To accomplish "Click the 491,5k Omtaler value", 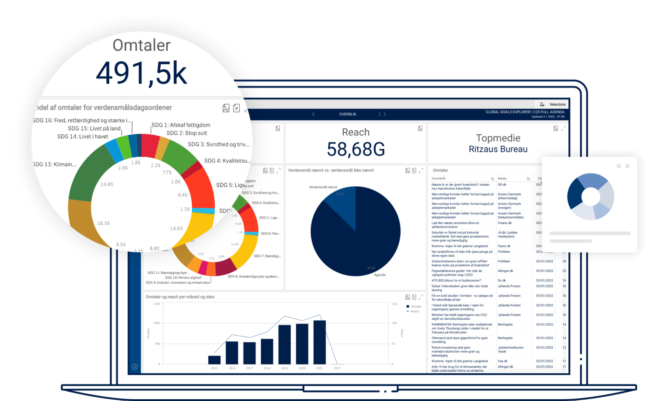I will (141, 73).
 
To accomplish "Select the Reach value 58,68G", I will (356, 149).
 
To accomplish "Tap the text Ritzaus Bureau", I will (498, 149).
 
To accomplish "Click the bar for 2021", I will (319, 342).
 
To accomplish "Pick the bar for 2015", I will (214, 360).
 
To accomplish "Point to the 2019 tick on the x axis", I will (284, 368).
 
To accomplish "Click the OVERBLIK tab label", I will (348, 114).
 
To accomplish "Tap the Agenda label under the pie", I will (380, 275).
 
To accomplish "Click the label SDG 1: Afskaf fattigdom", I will (181, 125).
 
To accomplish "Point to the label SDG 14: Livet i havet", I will (82, 136).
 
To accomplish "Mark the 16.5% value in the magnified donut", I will (104, 223).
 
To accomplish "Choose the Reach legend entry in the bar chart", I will (415, 311).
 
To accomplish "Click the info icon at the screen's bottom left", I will (135, 367).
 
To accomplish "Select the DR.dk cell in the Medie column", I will (502, 185).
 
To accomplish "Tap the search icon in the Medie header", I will (528, 179).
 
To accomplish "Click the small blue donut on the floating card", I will (591, 196).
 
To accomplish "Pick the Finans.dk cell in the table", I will (505, 223).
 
